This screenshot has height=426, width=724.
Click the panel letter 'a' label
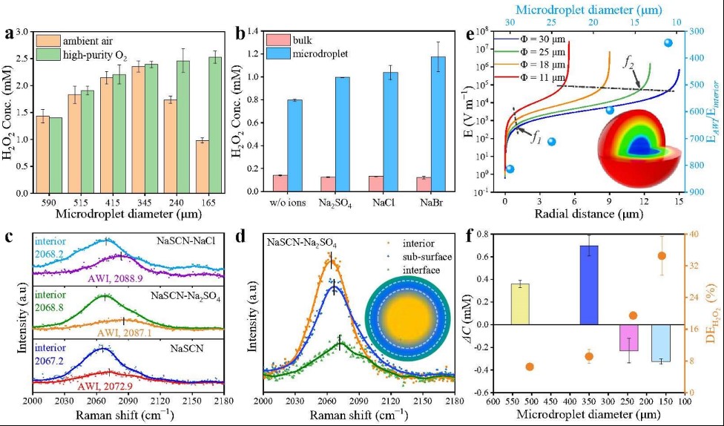(8, 34)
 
